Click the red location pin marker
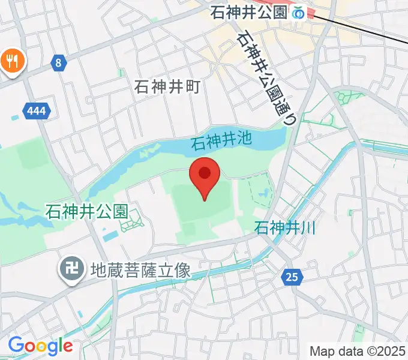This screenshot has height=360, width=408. pyautogui.click(x=205, y=176)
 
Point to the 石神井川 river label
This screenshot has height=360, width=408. pyautogui.click(x=286, y=228)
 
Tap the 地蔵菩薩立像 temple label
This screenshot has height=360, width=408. pyautogui.click(x=140, y=271)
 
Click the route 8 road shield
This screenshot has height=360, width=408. pyautogui.click(x=58, y=62)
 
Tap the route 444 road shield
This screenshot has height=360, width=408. pyautogui.click(x=35, y=110)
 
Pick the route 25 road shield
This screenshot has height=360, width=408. pyautogui.click(x=292, y=277)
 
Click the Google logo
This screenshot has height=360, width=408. pyautogui.click(x=40, y=346)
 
